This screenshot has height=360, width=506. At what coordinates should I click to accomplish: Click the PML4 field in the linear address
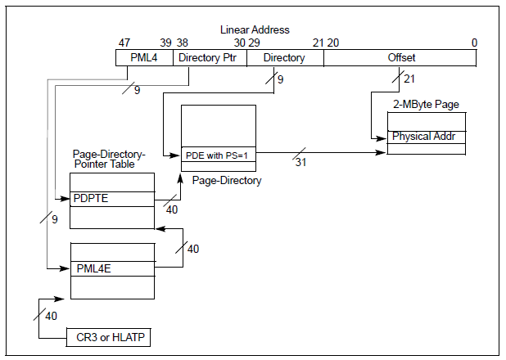pyautogui.click(x=143, y=58)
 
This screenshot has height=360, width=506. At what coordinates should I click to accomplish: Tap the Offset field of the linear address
pyautogui.click(x=400, y=58)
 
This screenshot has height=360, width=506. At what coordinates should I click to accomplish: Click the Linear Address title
pyautogui.click(x=254, y=29)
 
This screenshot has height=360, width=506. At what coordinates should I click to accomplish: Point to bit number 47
pyautogui.click(x=124, y=43)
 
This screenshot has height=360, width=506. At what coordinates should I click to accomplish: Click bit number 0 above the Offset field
pyautogui.click(x=474, y=43)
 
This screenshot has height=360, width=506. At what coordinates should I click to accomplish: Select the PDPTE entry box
pyautogui.click(x=111, y=199)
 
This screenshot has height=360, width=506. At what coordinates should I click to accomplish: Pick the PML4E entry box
pyautogui.click(x=112, y=268)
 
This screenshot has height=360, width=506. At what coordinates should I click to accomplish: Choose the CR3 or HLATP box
pyautogui.click(x=109, y=336)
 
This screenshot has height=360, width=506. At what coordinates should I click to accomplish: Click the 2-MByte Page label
pyautogui.click(x=426, y=104)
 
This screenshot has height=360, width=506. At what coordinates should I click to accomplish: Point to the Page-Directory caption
pyautogui.click(x=227, y=181)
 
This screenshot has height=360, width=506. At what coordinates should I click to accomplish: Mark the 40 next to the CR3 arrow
pyautogui.click(x=51, y=316)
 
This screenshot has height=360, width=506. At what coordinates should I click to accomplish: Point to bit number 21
pyautogui.click(x=319, y=43)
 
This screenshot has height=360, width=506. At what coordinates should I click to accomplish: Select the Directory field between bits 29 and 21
pyautogui.click(x=284, y=58)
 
